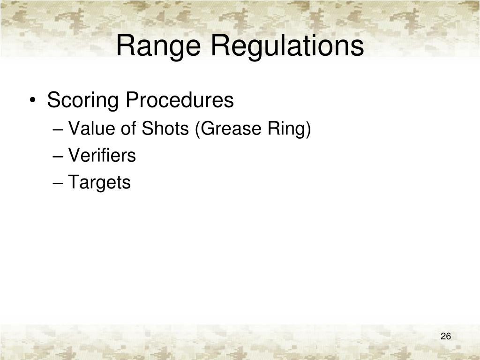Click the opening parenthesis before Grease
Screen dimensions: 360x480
pyautogui.click(x=198, y=129)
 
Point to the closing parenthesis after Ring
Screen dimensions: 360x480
pyautogui.click(x=308, y=129)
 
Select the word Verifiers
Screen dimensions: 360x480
pyautogui.click(x=102, y=155)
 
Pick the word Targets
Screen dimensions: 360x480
pyautogui.click(x=99, y=182)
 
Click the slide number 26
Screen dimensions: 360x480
pyautogui.click(x=445, y=337)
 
